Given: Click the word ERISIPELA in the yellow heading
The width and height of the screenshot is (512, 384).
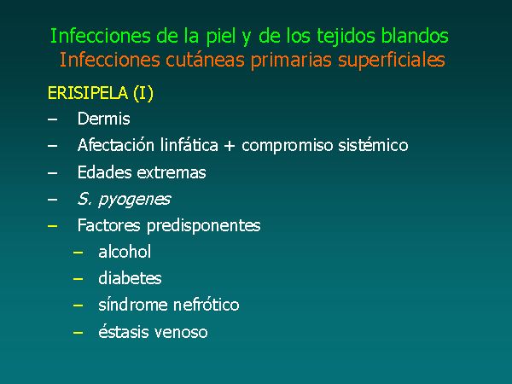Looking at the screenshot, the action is pyautogui.click(x=88, y=93).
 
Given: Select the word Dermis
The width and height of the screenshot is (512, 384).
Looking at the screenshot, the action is pyautogui.click(x=104, y=119).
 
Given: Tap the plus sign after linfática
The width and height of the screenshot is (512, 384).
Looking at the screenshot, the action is pyautogui.click(x=230, y=146).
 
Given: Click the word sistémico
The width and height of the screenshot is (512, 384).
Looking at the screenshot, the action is pyautogui.click(x=373, y=145).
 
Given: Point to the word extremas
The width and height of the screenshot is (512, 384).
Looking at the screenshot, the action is pyautogui.click(x=172, y=172).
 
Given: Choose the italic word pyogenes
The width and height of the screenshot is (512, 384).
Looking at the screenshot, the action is pyautogui.click(x=135, y=200).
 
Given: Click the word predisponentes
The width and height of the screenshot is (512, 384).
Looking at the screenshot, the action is pyautogui.click(x=203, y=226).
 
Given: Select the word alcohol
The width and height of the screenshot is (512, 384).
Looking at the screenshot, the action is pyautogui.click(x=125, y=252).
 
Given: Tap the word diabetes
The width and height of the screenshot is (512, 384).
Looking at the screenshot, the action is pyautogui.click(x=130, y=278).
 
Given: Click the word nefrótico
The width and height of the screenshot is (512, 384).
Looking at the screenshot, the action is pyautogui.click(x=206, y=305).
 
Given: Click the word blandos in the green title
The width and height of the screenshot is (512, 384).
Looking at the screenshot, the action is pyautogui.click(x=415, y=36).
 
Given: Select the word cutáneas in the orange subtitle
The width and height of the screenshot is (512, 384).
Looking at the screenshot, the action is pyautogui.click(x=205, y=60).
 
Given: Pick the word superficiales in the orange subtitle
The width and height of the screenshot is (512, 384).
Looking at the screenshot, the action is pyautogui.click(x=392, y=61).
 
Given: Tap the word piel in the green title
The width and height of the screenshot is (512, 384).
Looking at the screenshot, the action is pyautogui.click(x=220, y=37).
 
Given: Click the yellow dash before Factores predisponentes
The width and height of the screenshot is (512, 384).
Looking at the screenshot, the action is pyautogui.click(x=53, y=226).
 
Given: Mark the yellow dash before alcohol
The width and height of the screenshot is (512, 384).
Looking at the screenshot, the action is pyautogui.click(x=78, y=253).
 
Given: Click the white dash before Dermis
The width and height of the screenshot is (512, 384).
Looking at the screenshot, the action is pyautogui.click(x=53, y=119).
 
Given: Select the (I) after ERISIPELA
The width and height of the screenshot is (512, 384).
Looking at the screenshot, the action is pyautogui.click(x=143, y=93).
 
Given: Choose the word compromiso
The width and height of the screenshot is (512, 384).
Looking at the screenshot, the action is pyautogui.click(x=288, y=146).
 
